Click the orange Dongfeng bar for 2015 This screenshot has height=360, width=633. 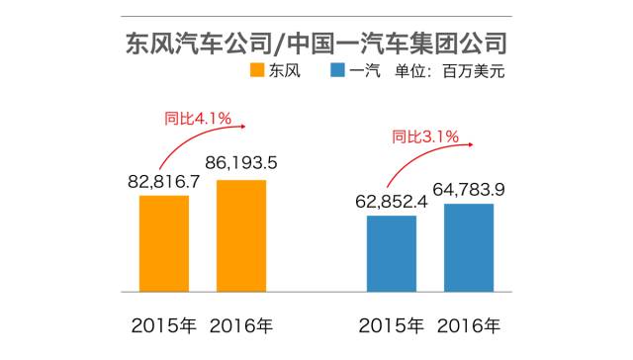(x=164, y=243)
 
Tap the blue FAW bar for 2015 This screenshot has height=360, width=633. (x=391, y=253)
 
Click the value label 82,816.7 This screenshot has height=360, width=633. (x=164, y=182)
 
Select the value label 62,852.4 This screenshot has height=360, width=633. (x=393, y=202)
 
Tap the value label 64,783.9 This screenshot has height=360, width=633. (x=470, y=185)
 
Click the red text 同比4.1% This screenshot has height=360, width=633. (x=197, y=120)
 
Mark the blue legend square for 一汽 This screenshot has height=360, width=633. (x=338, y=71)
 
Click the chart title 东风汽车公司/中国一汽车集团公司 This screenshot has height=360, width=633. (x=316, y=44)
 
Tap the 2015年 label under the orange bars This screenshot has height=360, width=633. (x=164, y=324)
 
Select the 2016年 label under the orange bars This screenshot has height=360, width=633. (x=241, y=324)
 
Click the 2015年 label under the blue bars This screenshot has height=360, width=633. (x=392, y=324)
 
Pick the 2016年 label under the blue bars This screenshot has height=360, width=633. (x=469, y=324)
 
